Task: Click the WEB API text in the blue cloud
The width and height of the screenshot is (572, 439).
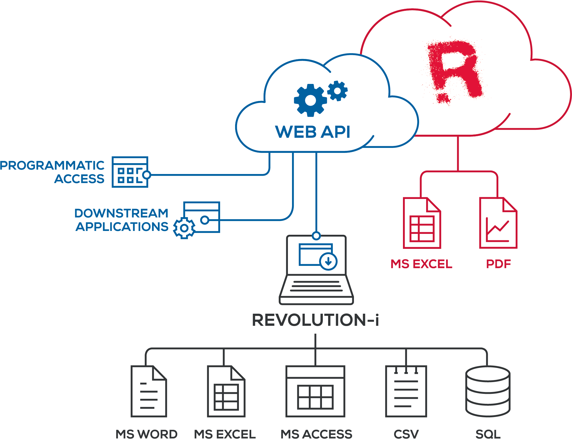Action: coord(313,132)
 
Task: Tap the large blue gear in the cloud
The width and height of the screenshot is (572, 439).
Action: coord(310,100)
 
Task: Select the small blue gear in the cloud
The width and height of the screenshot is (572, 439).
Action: coord(338,91)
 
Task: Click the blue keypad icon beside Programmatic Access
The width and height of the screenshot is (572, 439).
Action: coord(130,172)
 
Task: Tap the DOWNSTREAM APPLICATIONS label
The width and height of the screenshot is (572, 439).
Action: coord(122,220)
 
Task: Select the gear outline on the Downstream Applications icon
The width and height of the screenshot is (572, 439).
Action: coord(184,228)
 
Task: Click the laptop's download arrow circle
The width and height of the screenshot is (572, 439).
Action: coord(328,262)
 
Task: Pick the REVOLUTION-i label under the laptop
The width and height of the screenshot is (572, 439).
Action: coord(315,320)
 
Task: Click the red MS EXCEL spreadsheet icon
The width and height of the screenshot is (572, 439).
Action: coord(422,223)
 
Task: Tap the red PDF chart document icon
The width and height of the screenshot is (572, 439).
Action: coord(498,223)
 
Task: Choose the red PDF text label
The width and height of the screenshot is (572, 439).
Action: coord(498,264)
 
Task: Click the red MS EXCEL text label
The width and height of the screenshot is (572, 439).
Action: coord(421,264)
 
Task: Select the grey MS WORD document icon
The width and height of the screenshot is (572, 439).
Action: coord(149,391)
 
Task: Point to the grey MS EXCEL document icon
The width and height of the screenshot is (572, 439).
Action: coord(226,391)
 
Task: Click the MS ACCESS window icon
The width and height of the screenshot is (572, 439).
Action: coord(315,391)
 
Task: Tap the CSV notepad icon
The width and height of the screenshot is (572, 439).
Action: coord(406,391)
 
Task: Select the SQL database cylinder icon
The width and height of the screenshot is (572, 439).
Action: coord(488,391)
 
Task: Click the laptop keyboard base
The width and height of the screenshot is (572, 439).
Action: coord(316,289)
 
